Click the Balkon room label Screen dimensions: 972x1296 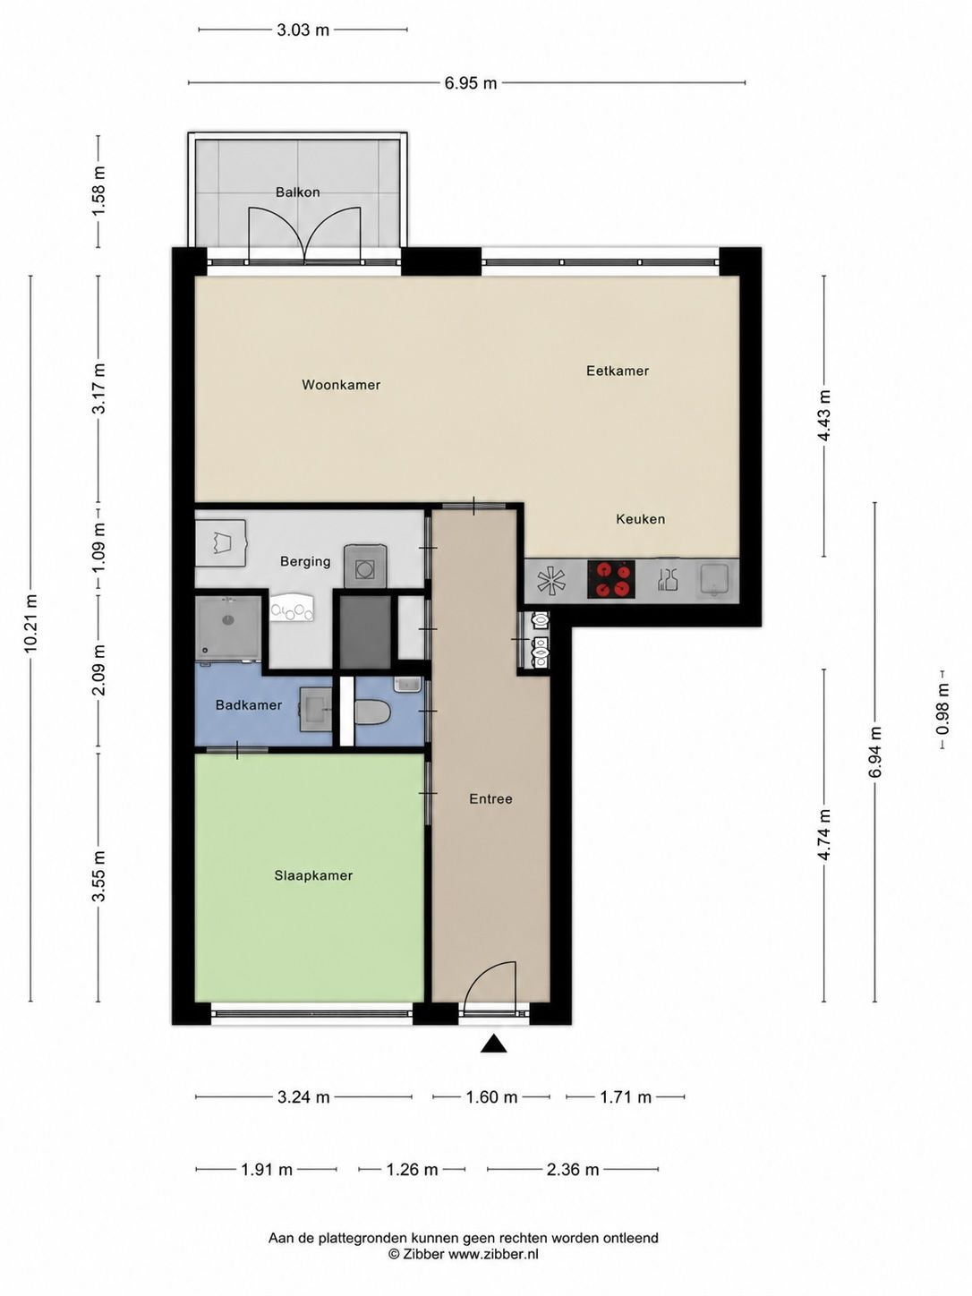tap(297, 192)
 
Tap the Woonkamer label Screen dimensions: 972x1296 tap(340, 384)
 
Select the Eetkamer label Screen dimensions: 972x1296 tap(618, 371)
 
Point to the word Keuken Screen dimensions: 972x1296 tap(640, 519)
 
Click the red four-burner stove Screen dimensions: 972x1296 tap(610, 579)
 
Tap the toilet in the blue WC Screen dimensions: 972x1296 tap(373, 712)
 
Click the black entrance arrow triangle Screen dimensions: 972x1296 tap(493, 1044)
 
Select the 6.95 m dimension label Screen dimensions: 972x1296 tap(471, 82)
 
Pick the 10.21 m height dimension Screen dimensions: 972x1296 tap(30, 623)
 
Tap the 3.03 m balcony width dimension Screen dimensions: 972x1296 tap(303, 30)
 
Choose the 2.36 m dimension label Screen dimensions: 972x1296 tap(573, 1169)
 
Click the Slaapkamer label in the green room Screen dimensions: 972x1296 tap(313, 875)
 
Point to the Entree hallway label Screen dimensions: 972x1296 tap(490, 798)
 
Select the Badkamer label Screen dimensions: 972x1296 tap(249, 704)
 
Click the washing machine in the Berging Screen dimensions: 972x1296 tap(366, 567)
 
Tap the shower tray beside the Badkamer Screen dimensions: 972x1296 tap(228, 628)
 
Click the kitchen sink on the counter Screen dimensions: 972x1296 tap(716, 579)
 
